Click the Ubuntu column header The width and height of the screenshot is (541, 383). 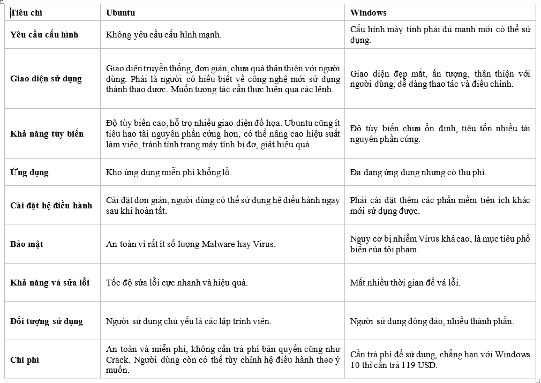121,12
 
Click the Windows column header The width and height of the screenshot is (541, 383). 368,12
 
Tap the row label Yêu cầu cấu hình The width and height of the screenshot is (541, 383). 44,35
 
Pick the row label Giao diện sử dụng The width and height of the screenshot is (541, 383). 46,79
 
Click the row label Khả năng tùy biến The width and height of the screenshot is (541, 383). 47,133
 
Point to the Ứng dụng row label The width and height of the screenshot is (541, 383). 29,172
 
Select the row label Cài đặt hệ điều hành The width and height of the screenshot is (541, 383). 51,205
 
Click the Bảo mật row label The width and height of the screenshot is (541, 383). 27,244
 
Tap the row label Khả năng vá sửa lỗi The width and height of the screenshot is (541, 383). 50,282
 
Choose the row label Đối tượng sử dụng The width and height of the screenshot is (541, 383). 47,321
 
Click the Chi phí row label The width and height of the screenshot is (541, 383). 25,360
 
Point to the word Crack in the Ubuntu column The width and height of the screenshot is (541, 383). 117,359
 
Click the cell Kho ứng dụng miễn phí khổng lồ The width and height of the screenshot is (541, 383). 169,172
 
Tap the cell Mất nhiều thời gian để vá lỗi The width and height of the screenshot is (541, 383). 405,282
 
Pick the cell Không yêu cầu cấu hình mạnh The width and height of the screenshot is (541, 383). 164,35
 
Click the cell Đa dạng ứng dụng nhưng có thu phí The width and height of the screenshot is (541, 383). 418,172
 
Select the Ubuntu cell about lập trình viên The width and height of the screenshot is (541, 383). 189,321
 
